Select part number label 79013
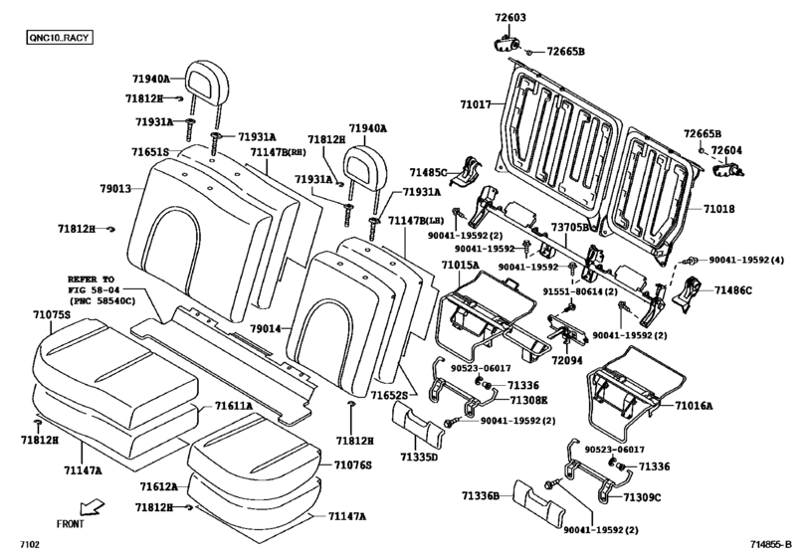click(x=115, y=187)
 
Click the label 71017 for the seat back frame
click(x=476, y=103)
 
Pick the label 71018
click(x=723, y=211)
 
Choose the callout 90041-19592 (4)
click(x=751, y=260)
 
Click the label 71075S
click(x=50, y=314)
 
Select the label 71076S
click(x=352, y=465)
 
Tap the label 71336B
click(x=480, y=494)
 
